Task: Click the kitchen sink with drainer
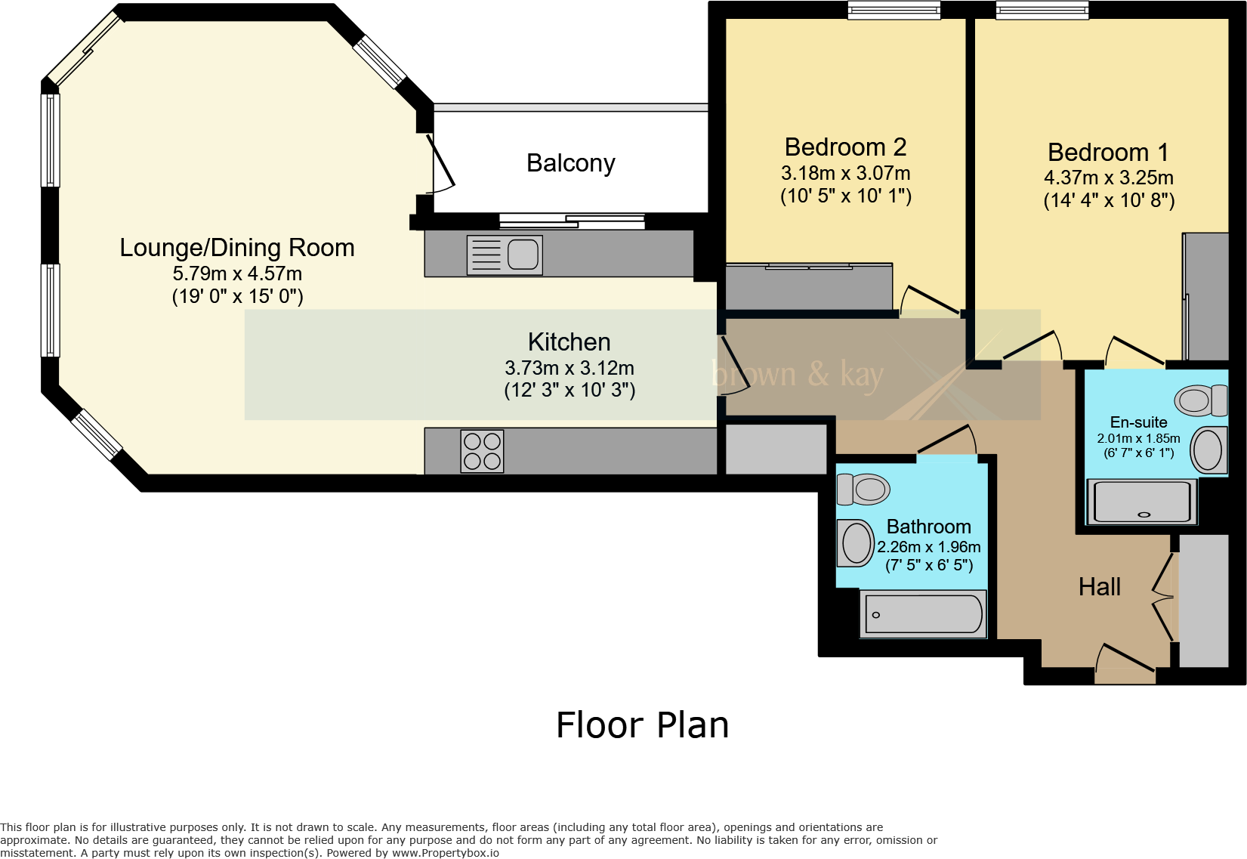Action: point(505,255)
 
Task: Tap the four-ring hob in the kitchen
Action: point(482,451)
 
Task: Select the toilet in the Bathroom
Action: point(863,489)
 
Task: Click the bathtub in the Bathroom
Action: point(923,613)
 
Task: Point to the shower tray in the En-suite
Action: point(1142,501)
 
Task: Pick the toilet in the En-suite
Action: point(1201,400)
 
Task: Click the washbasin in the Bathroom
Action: point(856,542)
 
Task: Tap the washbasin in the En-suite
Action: point(1209,450)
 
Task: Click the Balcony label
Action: point(570,163)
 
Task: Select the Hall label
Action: point(1100,587)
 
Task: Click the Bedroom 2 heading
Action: point(846,147)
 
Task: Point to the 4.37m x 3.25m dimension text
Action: point(1108,178)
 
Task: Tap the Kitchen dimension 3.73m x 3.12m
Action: point(569,368)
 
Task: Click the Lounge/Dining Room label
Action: point(237,248)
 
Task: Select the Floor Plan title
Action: point(643,725)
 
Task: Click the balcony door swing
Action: point(441,163)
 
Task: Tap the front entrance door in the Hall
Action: point(1125,663)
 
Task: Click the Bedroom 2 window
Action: point(894,10)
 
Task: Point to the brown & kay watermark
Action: point(797,374)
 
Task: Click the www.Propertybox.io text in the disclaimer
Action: point(446,853)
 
